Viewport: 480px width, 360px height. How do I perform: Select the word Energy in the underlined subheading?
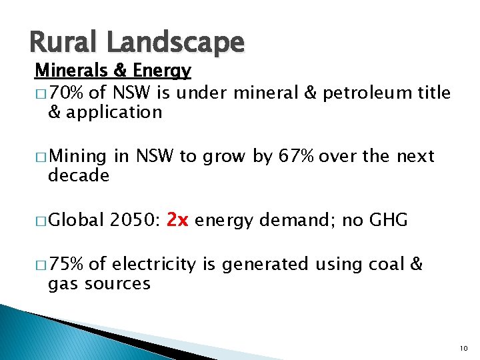coord(161,71)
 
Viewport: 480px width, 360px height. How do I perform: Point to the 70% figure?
coord(65,93)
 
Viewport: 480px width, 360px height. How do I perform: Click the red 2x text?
coord(179,219)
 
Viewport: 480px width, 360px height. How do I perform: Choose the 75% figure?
coord(65,264)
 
